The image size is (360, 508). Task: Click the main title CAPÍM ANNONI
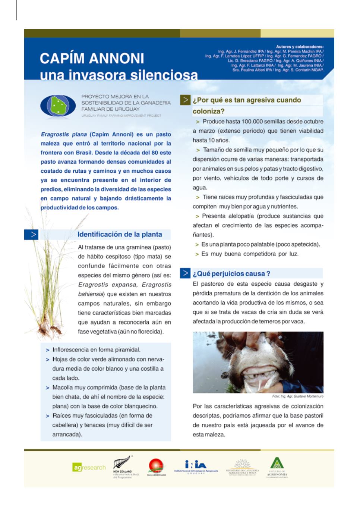[92, 59]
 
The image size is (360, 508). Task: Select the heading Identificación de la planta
[120, 235]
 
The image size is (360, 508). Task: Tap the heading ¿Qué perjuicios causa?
[231, 273]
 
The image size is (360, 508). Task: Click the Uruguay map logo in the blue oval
[58, 106]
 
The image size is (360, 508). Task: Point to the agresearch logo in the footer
[89, 467]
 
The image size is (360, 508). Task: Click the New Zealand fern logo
[123, 466]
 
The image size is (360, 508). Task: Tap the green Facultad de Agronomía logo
[277, 466]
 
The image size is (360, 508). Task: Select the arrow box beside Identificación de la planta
[31, 235]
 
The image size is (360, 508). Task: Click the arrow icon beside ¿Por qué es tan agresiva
[185, 100]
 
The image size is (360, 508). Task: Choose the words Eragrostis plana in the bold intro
[64, 134]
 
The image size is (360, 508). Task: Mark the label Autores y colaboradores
[299, 47]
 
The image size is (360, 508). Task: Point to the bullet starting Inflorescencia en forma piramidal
[96, 350]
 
